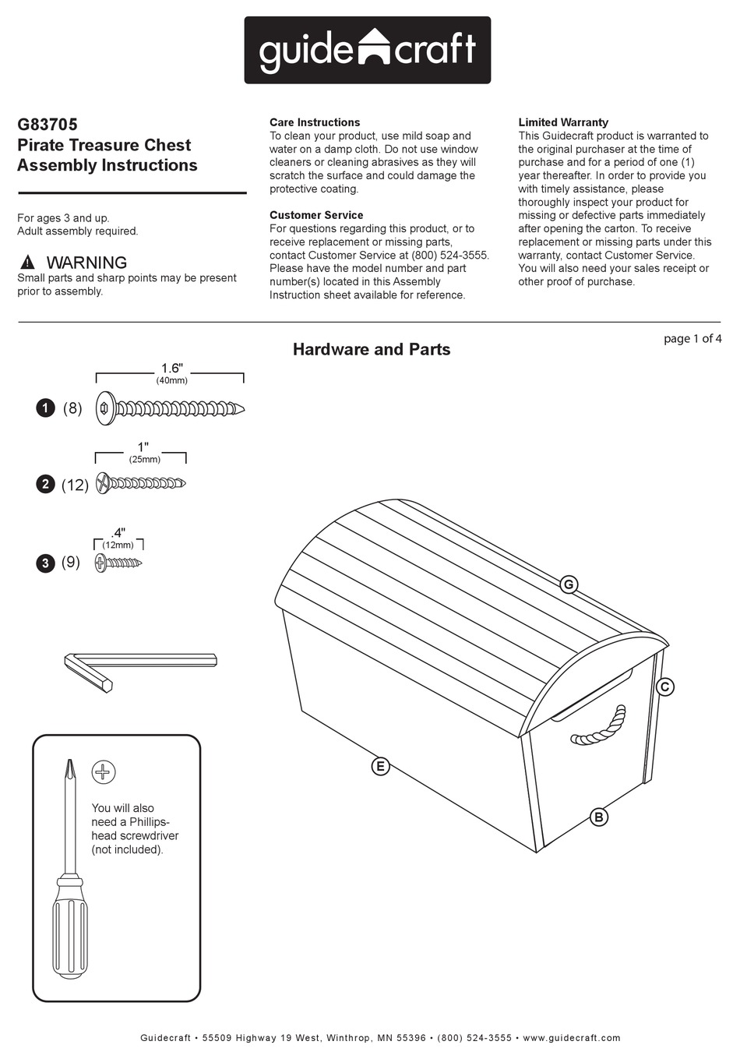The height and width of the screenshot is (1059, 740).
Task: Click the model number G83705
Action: click(48, 124)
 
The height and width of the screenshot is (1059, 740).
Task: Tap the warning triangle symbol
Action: click(28, 263)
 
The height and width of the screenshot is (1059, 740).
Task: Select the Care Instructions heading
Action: click(315, 122)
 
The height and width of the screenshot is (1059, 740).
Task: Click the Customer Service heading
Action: click(316, 215)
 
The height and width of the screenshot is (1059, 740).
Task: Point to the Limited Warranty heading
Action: click(563, 122)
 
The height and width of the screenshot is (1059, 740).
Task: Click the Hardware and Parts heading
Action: click(372, 349)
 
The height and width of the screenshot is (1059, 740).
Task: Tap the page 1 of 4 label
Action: click(692, 338)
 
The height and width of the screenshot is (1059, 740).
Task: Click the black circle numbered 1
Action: click(46, 408)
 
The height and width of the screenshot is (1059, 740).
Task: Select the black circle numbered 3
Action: click(46, 563)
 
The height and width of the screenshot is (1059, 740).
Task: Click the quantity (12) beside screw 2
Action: click(75, 485)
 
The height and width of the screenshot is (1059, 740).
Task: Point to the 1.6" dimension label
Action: click(171, 368)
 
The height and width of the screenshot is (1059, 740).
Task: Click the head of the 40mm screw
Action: click(105, 408)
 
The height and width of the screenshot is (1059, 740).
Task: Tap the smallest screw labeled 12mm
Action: click(118, 562)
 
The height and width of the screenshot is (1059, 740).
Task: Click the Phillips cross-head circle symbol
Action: click(104, 772)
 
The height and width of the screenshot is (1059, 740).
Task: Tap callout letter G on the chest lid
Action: click(569, 584)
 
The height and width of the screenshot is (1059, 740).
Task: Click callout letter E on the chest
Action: click(380, 766)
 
